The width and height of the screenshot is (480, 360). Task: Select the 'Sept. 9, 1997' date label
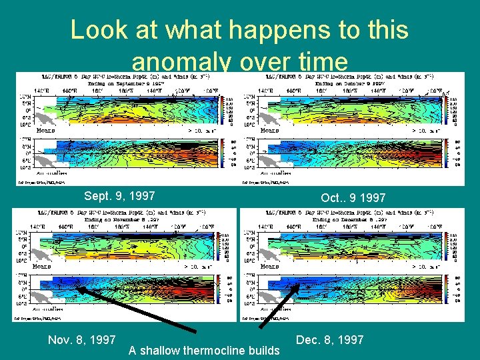coord(119,196)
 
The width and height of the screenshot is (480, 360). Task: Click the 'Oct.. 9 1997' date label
coord(353,198)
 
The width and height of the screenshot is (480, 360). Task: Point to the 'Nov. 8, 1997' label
coord(82,340)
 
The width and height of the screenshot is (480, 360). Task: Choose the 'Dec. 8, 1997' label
coord(330,340)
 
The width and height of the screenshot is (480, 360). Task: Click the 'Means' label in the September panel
coord(45,131)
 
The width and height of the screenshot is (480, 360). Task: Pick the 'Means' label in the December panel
coord(269,266)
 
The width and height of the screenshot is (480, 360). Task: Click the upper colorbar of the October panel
coord(454,111)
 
